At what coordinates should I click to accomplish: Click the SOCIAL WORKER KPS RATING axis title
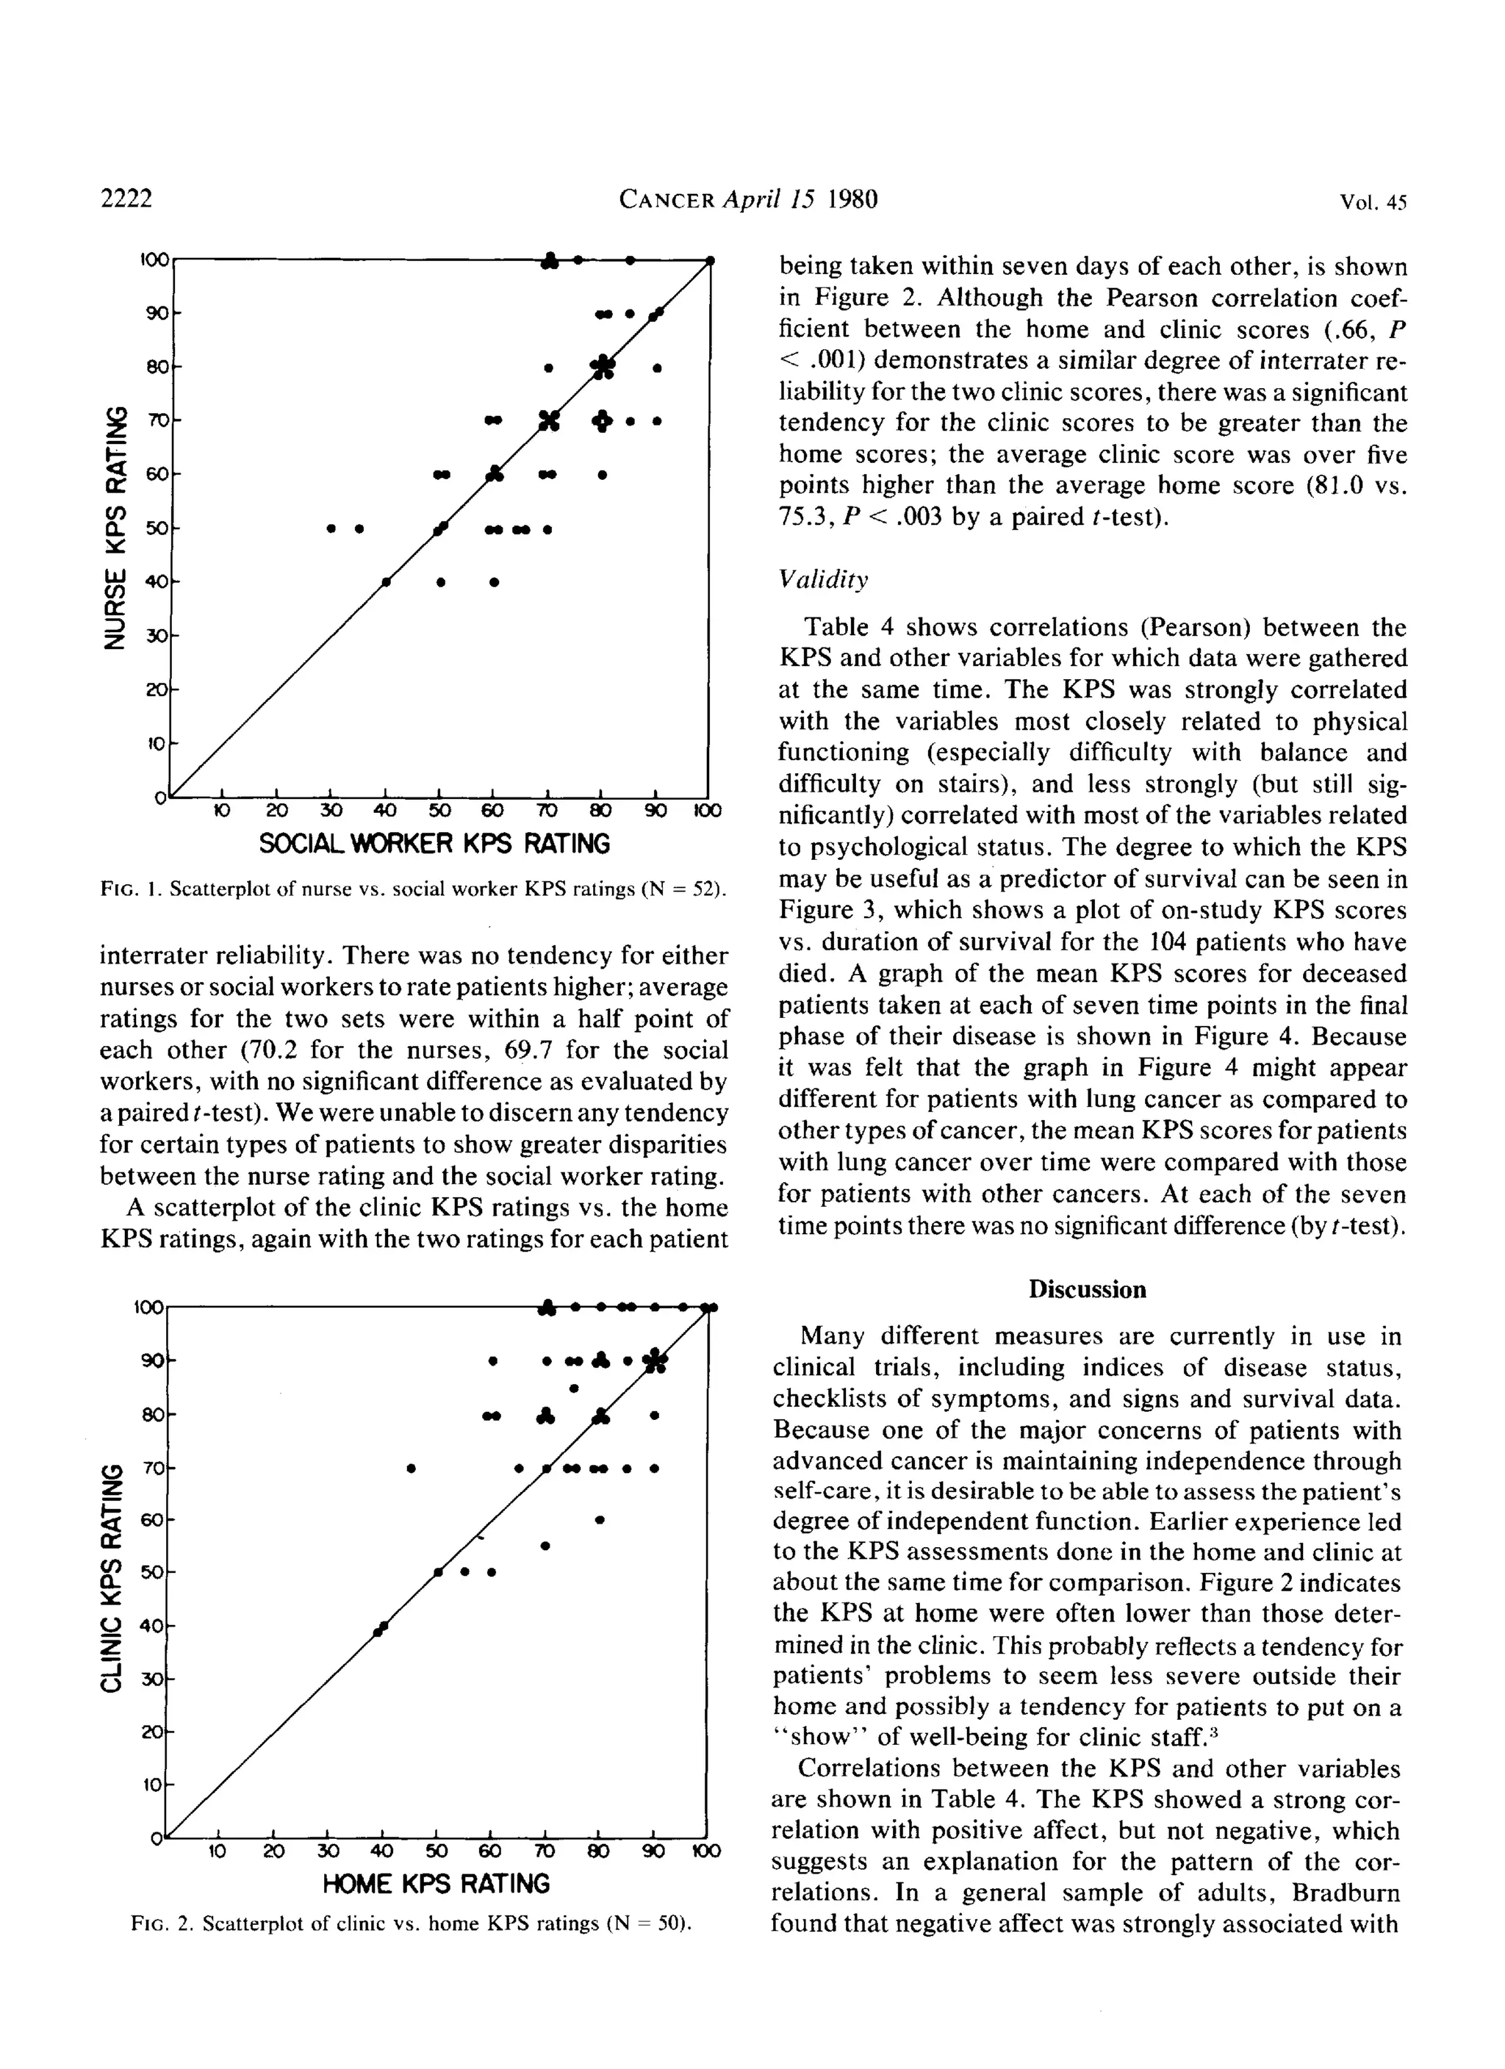[434, 843]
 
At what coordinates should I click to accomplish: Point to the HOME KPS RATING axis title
[436, 1884]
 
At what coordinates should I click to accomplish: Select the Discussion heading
[1088, 1290]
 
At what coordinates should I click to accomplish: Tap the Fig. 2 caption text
[412, 1925]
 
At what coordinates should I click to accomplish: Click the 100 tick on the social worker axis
[707, 811]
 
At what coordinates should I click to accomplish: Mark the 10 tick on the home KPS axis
[217, 1852]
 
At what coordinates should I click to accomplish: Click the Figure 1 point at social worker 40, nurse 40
[387, 582]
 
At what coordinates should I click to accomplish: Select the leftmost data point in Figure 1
[332, 528]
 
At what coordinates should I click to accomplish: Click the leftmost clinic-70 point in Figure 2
[412, 1469]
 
